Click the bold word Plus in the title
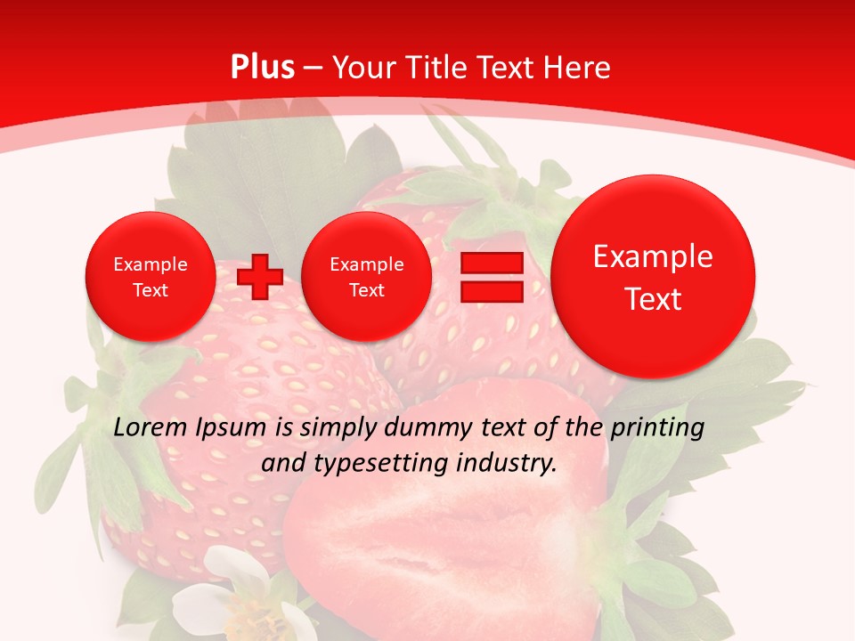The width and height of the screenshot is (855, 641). pyautogui.click(x=262, y=68)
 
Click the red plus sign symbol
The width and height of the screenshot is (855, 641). pyautogui.click(x=259, y=277)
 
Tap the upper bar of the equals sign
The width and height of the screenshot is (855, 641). pyautogui.click(x=492, y=263)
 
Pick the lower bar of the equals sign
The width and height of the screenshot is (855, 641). pyautogui.click(x=492, y=291)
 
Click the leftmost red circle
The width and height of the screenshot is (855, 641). pyautogui.click(x=151, y=277)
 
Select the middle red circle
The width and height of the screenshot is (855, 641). pyautogui.click(x=367, y=277)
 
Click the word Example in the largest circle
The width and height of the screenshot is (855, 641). pyautogui.click(x=653, y=256)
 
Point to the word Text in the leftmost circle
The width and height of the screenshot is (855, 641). pyautogui.click(x=151, y=290)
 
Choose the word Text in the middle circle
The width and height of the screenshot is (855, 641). pyautogui.click(x=367, y=290)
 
